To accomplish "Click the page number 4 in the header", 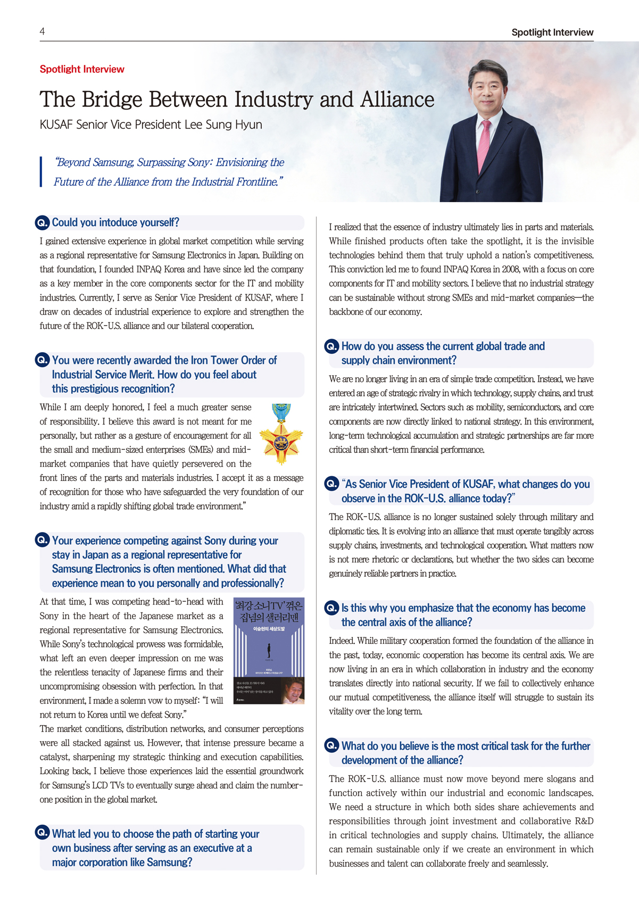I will (x=42, y=31).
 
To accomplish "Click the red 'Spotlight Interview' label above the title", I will (x=82, y=69).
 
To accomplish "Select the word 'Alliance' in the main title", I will (x=397, y=99).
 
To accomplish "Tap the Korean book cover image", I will (x=269, y=651).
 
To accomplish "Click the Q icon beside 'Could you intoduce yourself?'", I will (x=43, y=222).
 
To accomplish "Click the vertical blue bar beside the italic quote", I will (x=41, y=171).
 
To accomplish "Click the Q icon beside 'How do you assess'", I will (x=332, y=347).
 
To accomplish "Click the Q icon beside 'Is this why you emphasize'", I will (x=332, y=608).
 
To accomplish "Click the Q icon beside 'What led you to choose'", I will (x=43, y=833).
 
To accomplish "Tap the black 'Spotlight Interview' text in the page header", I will (x=552, y=32).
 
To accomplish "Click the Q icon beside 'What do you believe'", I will (x=332, y=746).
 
